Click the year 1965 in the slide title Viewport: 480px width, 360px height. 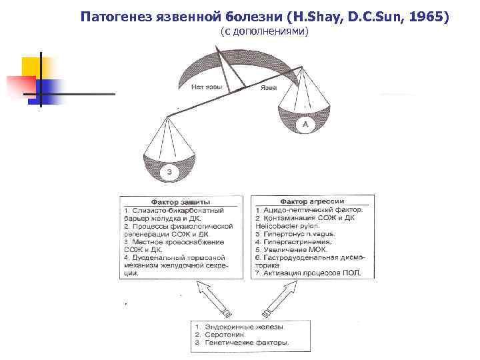click(427, 15)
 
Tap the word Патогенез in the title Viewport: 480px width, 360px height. click(114, 15)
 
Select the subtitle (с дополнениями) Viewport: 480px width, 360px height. click(264, 32)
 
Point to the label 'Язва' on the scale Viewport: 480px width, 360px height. click(269, 87)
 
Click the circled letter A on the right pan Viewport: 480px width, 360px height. click(305, 124)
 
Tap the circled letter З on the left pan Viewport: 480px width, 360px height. click(169, 172)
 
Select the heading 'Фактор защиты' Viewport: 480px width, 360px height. click(181, 201)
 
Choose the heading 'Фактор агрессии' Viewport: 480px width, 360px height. click(311, 201)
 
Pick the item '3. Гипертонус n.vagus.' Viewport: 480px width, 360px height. click(295, 234)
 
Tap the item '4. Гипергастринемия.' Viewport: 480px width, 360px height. click(291, 242)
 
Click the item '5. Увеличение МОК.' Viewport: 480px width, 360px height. click(287, 249)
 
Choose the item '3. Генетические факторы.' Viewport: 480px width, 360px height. click(241, 343)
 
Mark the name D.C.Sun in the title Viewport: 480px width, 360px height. click(364, 15)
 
